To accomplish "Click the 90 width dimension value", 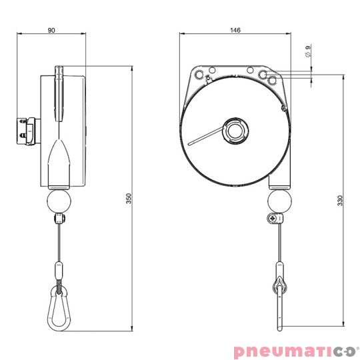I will pyautogui.click(x=52, y=30).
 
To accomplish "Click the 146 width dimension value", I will pyautogui.click(x=235, y=30).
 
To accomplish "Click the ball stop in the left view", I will pyautogui.click(x=60, y=200).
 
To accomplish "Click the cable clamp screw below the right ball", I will pyautogui.click(x=272, y=218).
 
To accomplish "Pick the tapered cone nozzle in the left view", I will pyautogui.click(x=60, y=160).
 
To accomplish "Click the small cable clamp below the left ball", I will pyautogui.click(x=60, y=219).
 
